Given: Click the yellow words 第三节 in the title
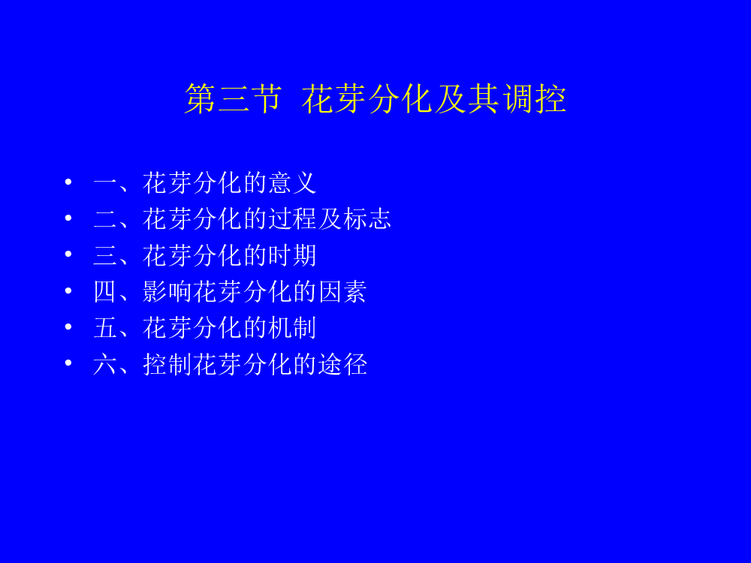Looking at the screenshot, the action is coord(233,98).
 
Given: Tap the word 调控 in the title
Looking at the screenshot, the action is coord(535,98).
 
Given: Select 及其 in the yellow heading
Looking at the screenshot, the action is coord(467,98).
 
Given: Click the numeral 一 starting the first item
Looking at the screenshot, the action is coord(105,184).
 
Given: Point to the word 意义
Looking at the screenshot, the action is coord(291,183).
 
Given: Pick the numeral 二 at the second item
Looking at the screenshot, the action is coord(105,219).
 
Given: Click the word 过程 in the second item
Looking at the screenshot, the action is coord(291,219).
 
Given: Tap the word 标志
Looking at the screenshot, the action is coord(367,219).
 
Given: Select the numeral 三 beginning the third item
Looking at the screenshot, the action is coord(105,256).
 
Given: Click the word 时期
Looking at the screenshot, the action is coord(291,256).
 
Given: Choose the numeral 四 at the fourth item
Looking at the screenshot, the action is coord(105,291).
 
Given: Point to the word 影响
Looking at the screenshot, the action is coord(167,291).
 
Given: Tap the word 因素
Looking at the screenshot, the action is coord(342,291).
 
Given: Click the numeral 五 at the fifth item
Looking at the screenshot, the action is coord(105,328).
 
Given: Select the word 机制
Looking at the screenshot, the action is coord(291,328).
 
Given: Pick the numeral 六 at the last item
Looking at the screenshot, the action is coord(105,364).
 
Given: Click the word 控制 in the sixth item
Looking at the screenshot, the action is coord(167,364).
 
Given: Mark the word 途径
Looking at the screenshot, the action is coord(342,364).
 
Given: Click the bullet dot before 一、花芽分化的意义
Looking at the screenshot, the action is coord(68,182).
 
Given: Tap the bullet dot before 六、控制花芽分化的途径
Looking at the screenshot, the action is coord(68,363).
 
